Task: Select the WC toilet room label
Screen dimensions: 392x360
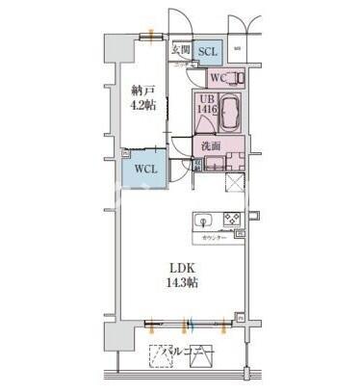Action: tap(217, 79)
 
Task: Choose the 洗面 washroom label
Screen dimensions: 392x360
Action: tap(212, 146)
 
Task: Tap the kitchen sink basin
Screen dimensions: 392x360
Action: tap(204, 221)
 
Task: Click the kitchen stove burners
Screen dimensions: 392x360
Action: tap(232, 220)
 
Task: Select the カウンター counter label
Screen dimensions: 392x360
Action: tap(215, 237)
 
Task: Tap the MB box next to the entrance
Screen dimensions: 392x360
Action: tap(237, 47)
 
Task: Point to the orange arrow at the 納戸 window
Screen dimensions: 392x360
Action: tap(151, 36)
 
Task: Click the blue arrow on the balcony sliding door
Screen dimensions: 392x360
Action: tap(192, 324)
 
